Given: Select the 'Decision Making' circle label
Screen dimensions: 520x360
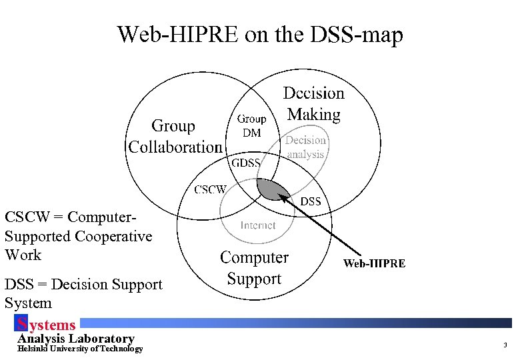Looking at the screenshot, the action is (314, 104).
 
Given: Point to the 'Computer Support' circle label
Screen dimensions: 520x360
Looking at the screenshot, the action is (254, 268).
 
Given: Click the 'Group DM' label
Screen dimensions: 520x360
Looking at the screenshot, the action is (252, 125).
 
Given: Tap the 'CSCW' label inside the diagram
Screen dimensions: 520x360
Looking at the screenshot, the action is (210, 189).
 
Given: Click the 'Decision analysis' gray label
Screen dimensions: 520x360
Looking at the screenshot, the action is (305, 147).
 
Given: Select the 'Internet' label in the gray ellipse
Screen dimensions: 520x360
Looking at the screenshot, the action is (258, 225).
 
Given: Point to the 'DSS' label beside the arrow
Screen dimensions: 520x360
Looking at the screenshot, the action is (311, 201).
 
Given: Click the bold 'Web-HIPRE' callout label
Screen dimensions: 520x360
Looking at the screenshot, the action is (374, 263).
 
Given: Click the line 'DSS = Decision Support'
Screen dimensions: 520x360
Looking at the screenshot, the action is (83, 285).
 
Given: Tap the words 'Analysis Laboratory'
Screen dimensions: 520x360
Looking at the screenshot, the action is (75, 339).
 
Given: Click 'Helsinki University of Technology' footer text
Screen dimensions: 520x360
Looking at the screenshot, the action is (80, 349).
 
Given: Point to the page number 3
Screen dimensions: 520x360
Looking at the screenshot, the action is (505, 345).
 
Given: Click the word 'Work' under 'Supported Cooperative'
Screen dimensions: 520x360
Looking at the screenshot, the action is (23, 255).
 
